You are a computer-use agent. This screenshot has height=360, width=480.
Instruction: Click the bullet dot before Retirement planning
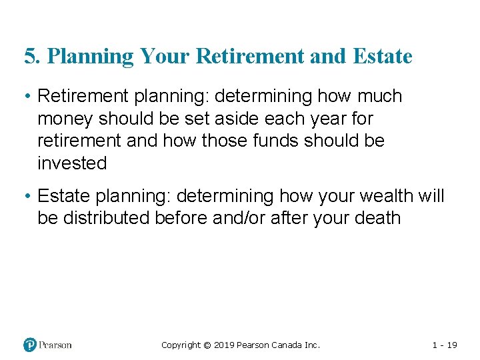pos(28,97)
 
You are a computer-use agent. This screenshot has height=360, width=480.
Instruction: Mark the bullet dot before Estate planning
pos(28,197)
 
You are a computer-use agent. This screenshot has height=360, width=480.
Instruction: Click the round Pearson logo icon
pos(30,345)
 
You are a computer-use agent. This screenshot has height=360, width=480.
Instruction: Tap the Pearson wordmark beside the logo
pos(55,345)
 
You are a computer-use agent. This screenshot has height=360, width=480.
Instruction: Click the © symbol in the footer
pos(207,345)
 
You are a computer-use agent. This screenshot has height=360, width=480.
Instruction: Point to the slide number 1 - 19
pos(445,345)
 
